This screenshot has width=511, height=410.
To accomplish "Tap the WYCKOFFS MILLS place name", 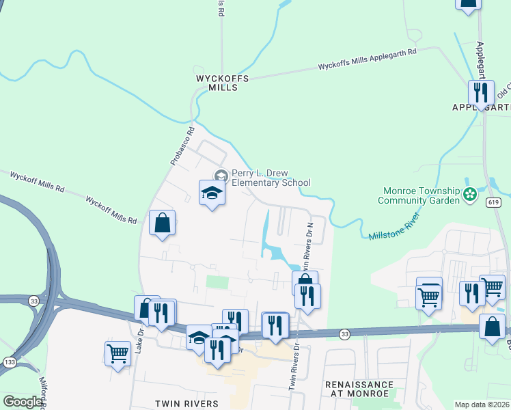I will point(221,83).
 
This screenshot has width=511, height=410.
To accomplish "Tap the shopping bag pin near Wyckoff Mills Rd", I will point(162,223).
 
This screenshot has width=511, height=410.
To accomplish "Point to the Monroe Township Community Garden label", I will point(417,196).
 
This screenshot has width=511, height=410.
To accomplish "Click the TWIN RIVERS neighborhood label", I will point(186,404).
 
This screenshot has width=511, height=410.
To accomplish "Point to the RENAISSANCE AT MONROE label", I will point(359,389).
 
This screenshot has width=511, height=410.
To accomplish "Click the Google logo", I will point(23,402).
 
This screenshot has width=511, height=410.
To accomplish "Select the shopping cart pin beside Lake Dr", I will point(118,354).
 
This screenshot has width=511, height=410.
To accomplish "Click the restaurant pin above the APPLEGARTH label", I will point(480,92).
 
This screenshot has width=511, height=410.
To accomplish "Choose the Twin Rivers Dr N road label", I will point(311,241).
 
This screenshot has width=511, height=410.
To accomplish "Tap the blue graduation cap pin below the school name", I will point(212,193).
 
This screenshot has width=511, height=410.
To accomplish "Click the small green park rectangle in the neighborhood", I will point(217,282).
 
